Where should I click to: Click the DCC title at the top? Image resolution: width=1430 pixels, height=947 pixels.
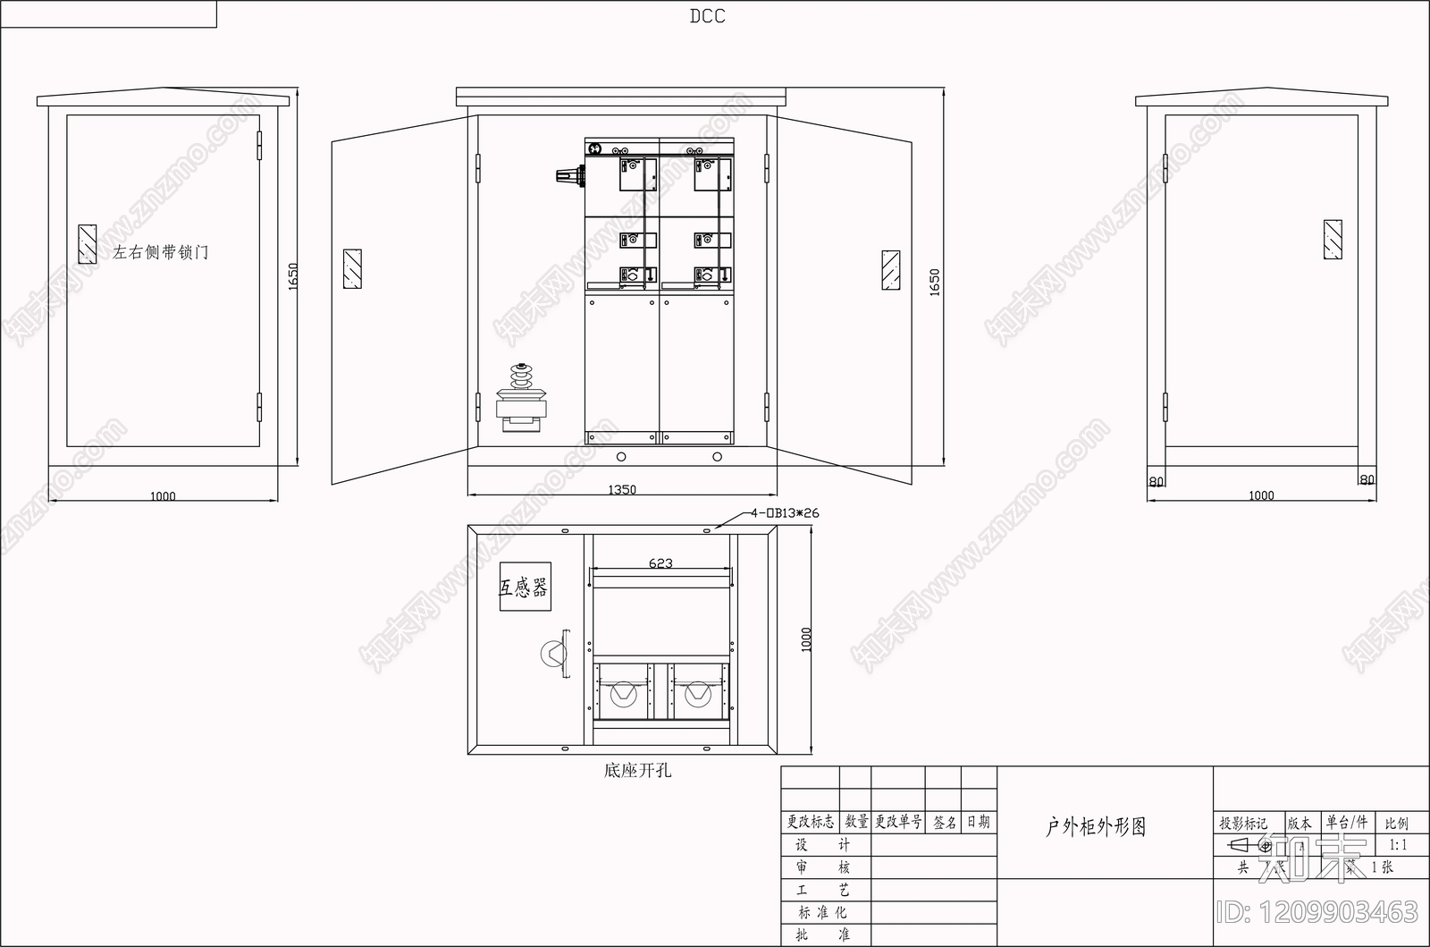(707, 16)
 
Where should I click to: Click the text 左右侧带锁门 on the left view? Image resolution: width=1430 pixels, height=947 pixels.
(161, 252)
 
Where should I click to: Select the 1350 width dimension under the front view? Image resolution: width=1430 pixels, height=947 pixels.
(622, 489)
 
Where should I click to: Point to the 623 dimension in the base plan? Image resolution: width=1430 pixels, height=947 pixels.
(660, 563)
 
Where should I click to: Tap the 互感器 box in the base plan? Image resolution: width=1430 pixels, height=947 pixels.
(525, 587)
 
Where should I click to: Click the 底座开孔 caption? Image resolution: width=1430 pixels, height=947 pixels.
(637, 769)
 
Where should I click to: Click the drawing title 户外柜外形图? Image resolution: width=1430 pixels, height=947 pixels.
(1096, 827)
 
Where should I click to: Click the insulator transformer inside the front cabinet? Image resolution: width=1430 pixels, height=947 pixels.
(521, 399)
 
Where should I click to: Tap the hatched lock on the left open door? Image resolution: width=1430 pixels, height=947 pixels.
(352, 269)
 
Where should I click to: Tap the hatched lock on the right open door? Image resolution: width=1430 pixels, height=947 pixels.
(890, 270)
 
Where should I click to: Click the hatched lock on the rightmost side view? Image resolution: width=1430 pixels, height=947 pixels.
(1332, 240)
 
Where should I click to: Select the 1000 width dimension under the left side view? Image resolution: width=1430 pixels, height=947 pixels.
(163, 496)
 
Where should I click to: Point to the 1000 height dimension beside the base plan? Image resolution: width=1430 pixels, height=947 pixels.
(807, 638)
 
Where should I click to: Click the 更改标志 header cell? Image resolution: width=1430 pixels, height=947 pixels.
(811, 822)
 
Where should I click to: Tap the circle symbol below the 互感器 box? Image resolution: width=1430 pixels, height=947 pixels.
(553, 654)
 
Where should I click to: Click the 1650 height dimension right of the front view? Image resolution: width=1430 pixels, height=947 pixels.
(935, 283)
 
